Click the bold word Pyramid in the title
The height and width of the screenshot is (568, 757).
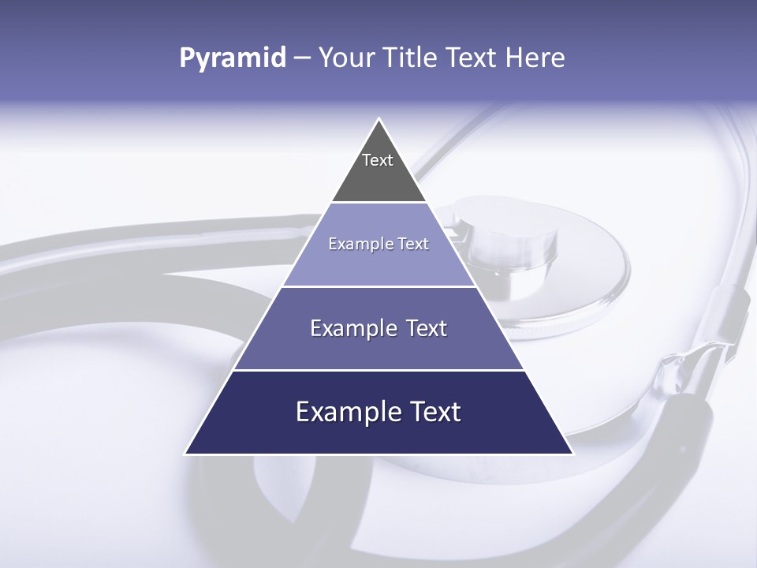point(232,58)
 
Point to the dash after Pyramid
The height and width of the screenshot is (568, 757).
point(301,58)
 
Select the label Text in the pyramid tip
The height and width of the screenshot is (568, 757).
point(378,160)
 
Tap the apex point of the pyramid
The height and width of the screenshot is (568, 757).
point(379,119)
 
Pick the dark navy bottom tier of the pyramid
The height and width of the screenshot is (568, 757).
point(379,435)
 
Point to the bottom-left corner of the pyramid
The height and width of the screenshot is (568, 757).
point(185,454)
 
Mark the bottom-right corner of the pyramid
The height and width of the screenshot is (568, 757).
point(572,454)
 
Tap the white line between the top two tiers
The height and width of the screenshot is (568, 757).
point(379,203)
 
